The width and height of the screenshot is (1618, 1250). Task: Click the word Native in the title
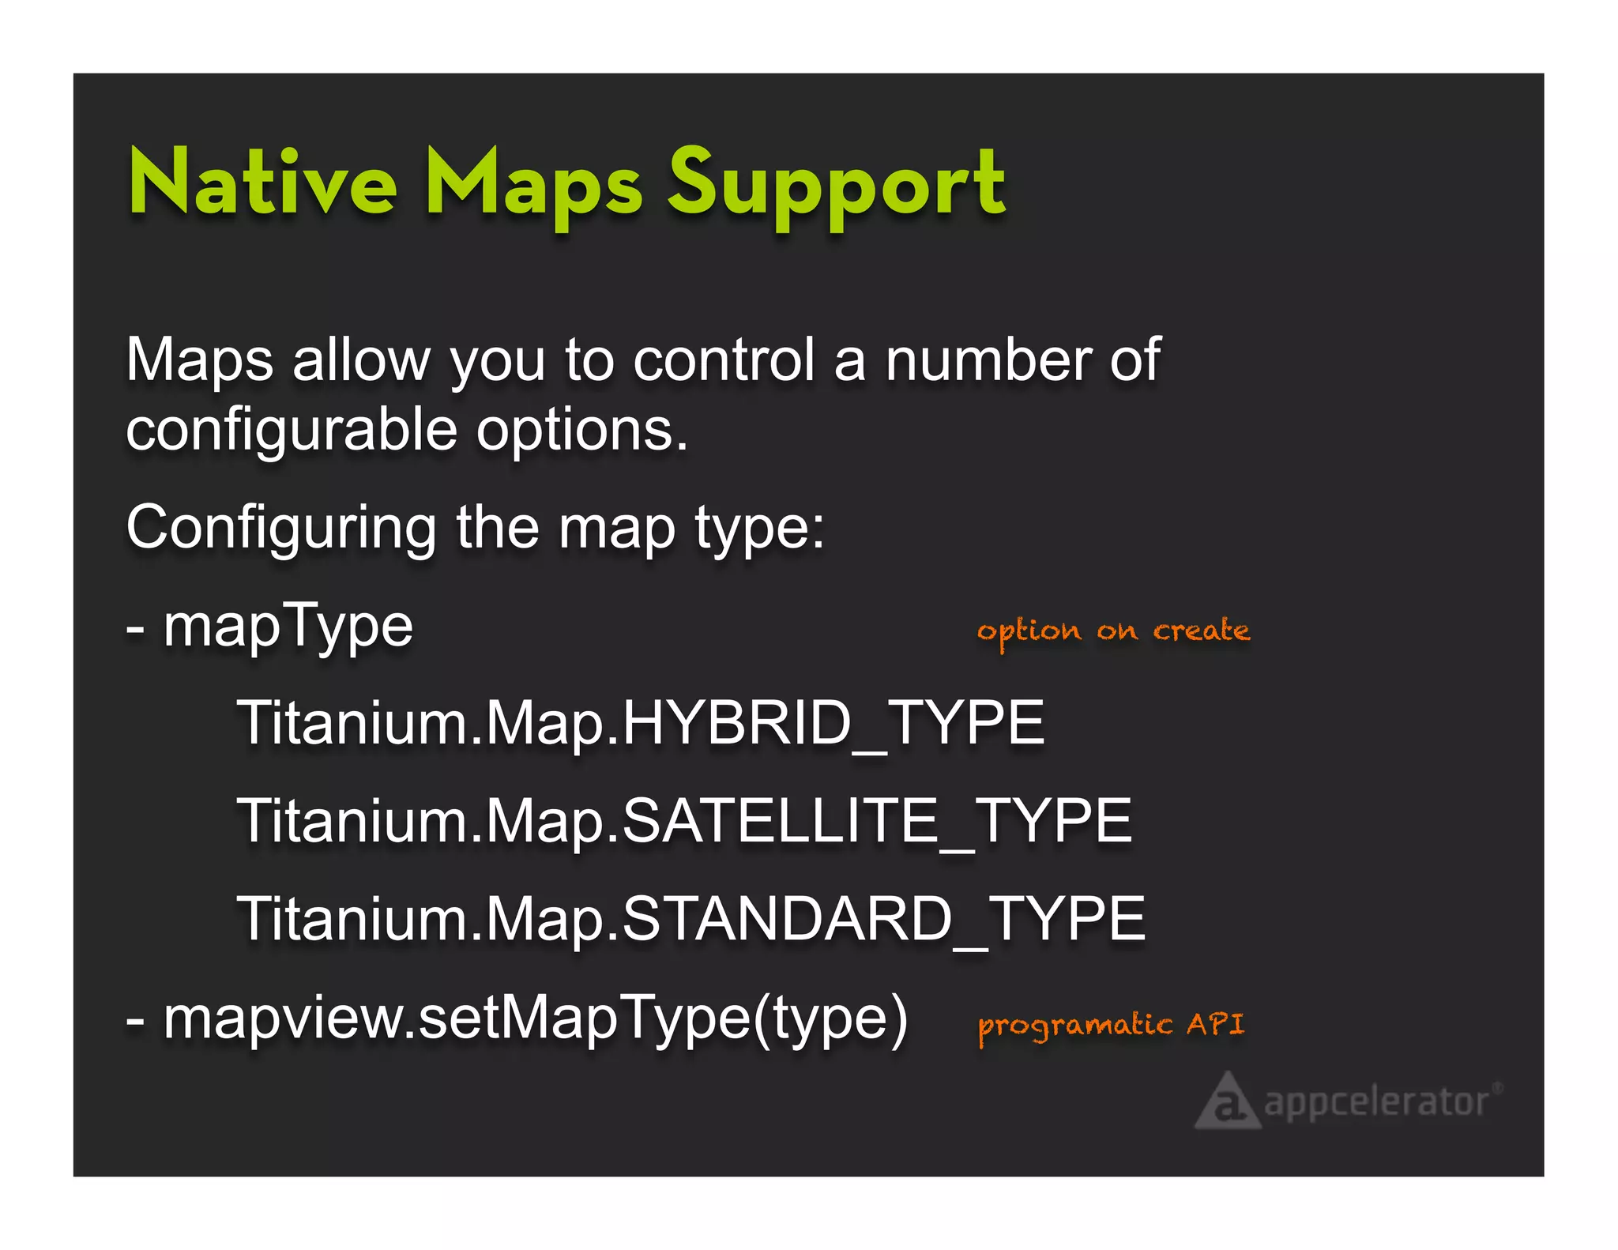262,183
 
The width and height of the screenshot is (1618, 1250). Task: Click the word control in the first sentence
724,360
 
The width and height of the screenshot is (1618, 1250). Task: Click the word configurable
292,431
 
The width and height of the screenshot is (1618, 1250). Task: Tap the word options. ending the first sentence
582,431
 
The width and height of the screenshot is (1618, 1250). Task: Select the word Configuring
281,528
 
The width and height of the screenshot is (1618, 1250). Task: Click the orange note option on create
1113,631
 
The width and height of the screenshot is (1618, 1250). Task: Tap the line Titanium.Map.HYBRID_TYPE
641,723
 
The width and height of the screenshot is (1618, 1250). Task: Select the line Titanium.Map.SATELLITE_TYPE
684,821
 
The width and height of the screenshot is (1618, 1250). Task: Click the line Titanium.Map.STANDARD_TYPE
691,919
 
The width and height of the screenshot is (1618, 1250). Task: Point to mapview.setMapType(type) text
535,1018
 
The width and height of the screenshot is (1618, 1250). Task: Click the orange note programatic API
1110,1025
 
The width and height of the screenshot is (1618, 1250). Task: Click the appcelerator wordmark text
1377,1101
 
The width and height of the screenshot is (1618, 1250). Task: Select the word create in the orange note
1201,631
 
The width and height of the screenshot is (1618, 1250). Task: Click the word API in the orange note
1215,1024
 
